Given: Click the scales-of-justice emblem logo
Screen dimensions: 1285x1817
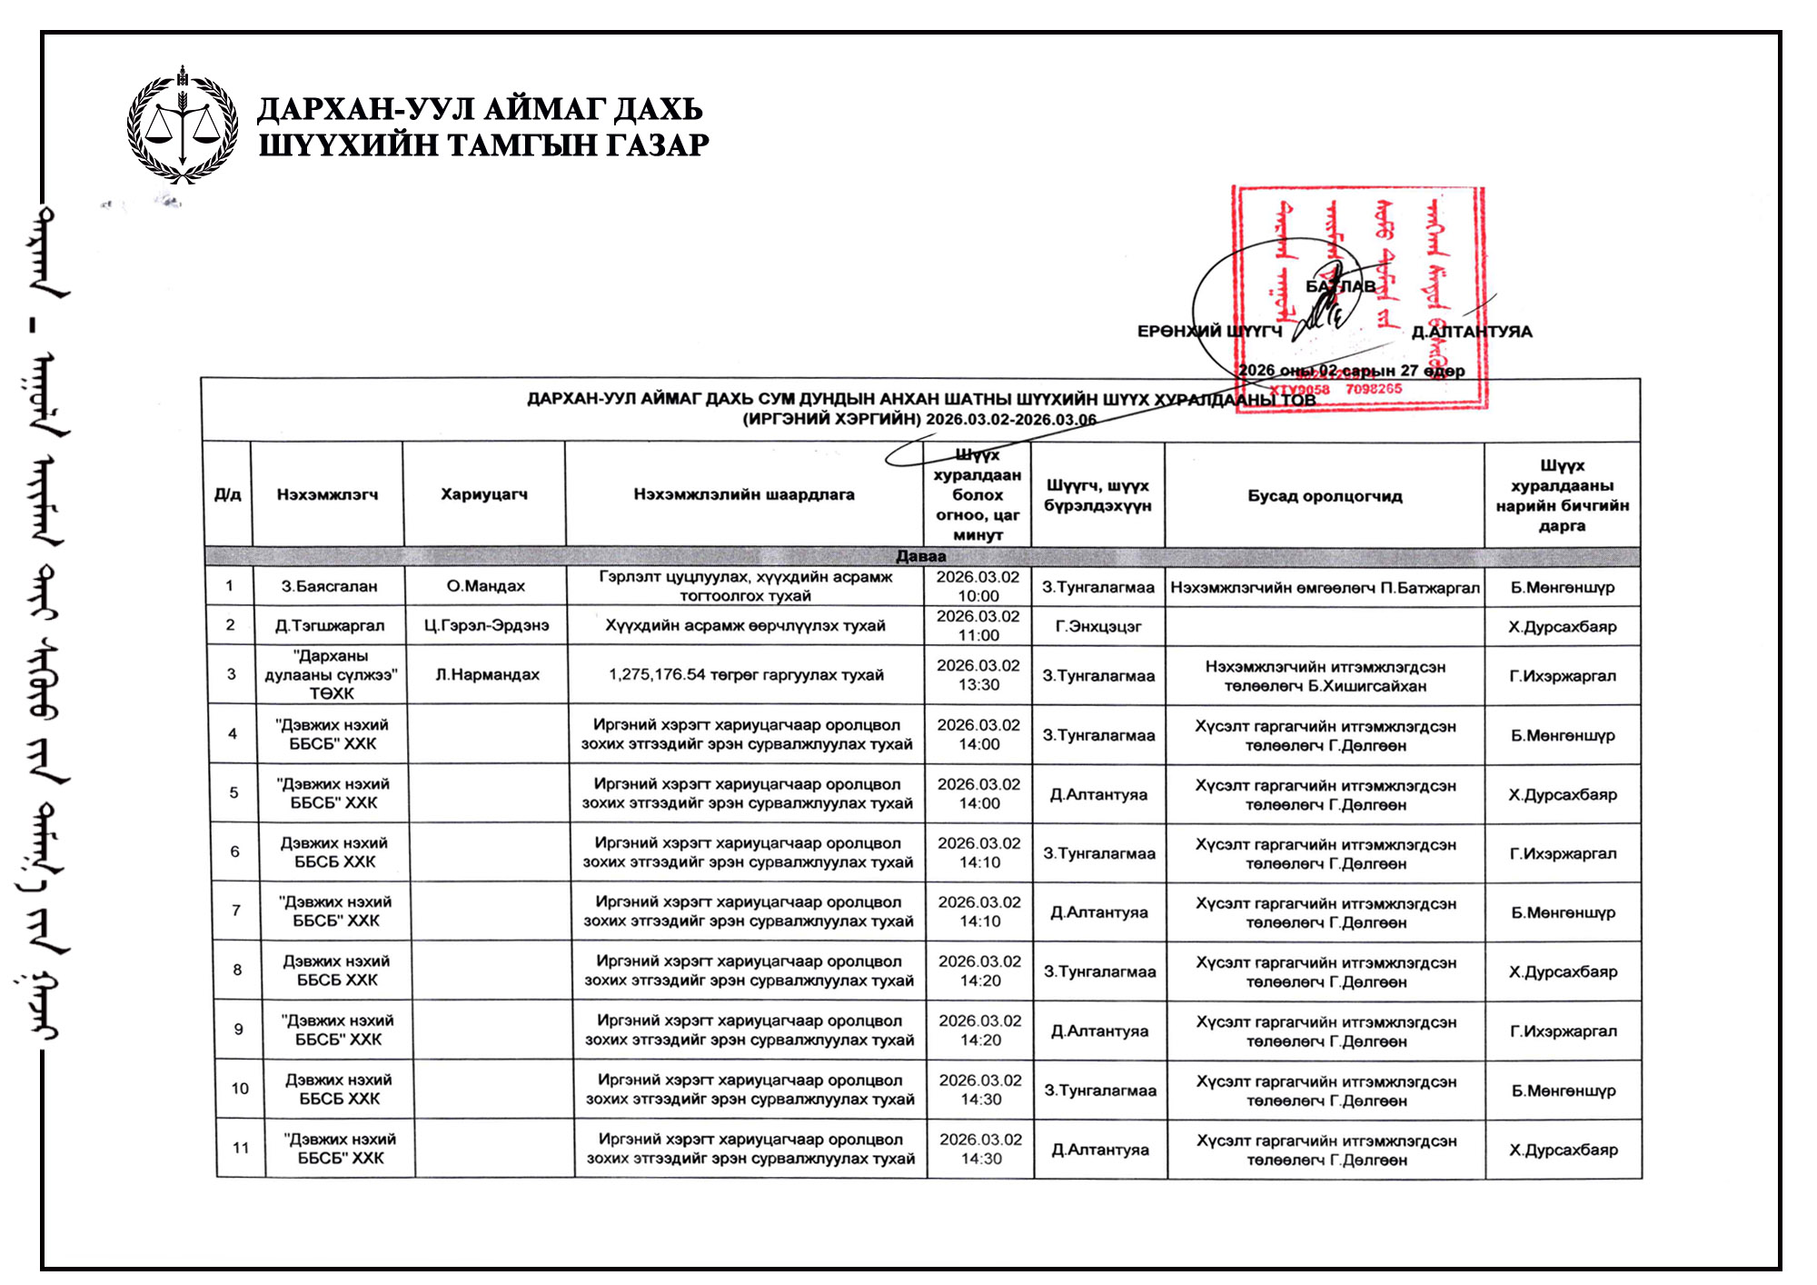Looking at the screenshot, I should click(183, 125).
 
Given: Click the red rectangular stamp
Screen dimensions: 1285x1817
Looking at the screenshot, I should click(1358, 298).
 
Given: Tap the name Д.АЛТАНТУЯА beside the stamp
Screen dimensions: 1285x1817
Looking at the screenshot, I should click(1472, 332).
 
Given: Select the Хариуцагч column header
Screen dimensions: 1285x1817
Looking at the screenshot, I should click(483, 494).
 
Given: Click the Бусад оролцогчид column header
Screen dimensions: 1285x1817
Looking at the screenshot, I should click(1325, 496).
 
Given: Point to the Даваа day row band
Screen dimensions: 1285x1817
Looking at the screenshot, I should click(921, 556).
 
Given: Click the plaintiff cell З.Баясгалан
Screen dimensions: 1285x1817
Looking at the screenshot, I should click(329, 586).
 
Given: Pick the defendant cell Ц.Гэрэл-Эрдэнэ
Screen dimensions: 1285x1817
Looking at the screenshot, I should click(487, 625).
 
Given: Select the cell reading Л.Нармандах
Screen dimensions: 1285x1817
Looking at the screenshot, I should click(487, 674).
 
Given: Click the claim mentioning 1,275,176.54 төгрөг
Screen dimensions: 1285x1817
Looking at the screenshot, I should click(746, 674).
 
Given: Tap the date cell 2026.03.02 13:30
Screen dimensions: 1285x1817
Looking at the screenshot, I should click(978, 674).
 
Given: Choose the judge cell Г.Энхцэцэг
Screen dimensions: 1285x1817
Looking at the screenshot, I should click(1098, 626).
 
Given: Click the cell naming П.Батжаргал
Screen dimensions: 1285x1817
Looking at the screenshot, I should click(1325, 587).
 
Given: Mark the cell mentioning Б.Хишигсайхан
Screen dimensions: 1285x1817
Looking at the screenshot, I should click(1325, 676).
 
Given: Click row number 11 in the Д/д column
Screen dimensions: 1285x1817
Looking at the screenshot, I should click(241, 1148).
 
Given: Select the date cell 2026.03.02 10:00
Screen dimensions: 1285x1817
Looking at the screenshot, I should click(978, 586).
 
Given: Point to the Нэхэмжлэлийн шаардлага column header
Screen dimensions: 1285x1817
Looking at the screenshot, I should click(744, 494).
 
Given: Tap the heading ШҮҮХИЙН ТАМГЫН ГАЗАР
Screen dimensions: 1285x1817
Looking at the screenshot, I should click(483, 145).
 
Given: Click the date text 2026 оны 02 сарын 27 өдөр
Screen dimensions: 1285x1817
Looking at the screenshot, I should click(1351, 370).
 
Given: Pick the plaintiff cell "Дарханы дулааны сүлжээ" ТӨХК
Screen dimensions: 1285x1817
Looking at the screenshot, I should click(331, 674).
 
